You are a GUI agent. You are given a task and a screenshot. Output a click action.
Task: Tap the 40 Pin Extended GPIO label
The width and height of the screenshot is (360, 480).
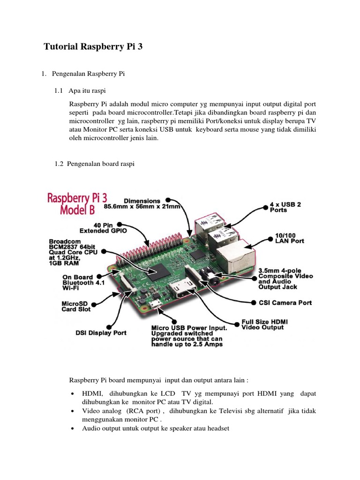[104, 227]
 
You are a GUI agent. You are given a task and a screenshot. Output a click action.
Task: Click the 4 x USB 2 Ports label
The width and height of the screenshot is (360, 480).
[285, 207]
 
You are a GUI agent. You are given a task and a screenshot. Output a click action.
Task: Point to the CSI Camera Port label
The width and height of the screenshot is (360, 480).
[285, 302]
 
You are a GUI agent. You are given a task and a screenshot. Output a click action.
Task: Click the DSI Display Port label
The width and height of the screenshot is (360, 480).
[101, 333]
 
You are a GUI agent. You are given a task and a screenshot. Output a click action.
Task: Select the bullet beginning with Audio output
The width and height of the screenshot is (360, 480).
[155, 428]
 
